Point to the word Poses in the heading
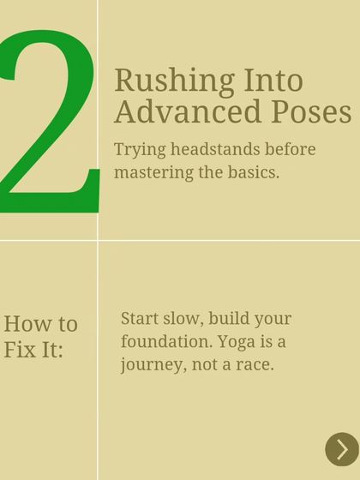(x=303, y=111)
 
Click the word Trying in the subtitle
(x=137, y=149)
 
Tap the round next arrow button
(x=342, y=449)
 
